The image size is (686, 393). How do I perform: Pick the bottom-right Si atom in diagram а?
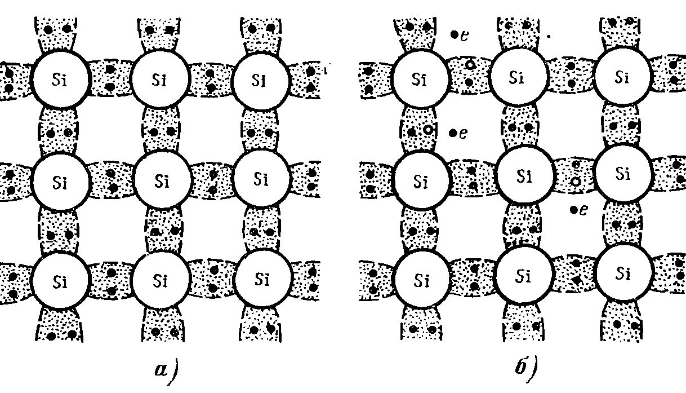point(261,279)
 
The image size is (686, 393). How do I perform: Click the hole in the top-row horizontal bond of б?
point(470,65)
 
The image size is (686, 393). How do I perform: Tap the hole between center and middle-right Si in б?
point(576,182)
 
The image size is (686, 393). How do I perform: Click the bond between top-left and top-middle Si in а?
point(110,78)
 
